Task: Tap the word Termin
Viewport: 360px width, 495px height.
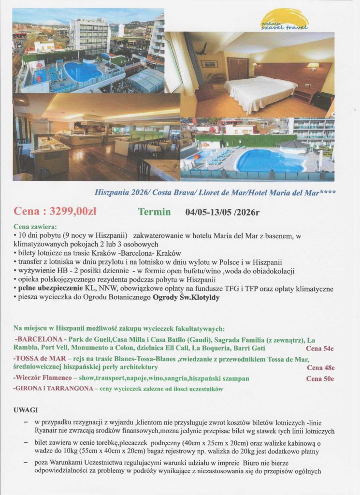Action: [x=154, y=211]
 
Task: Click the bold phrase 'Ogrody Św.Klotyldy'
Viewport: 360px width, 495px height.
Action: [x=186, y=298]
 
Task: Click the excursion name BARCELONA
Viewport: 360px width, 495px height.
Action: [x=39, y=340]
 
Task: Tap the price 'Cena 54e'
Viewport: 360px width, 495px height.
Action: [x=320, y=348]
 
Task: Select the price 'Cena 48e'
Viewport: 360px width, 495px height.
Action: [x=320, y=367]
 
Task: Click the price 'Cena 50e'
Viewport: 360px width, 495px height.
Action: [x=320, y=379]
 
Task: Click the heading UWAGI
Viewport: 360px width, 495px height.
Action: [x=26, y=410]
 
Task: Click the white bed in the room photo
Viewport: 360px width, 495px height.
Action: [x=261, y=92]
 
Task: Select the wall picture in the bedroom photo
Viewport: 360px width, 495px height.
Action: [x=209, y=64]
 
